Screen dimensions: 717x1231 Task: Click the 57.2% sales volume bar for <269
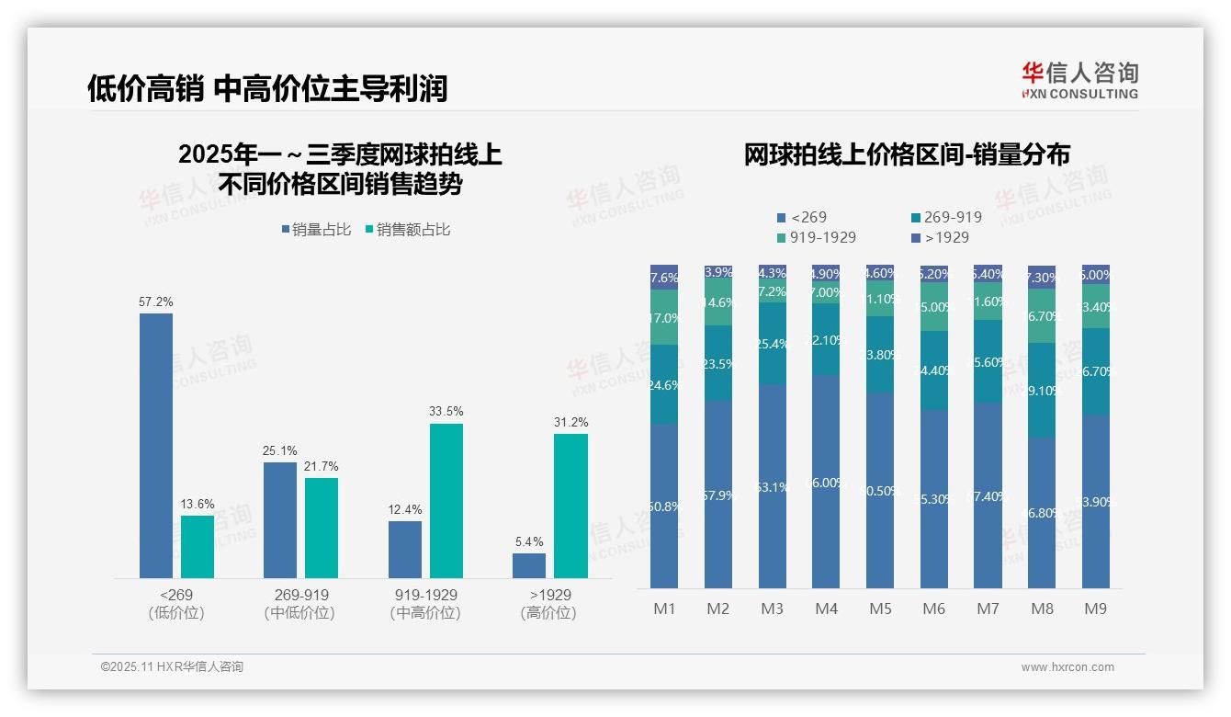(156, 446)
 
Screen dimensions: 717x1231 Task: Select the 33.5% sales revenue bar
(446, 501)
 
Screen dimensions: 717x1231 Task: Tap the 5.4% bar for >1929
(529, 565)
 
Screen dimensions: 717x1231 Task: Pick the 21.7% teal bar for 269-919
(322, 528)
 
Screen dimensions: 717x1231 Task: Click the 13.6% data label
(198, 504)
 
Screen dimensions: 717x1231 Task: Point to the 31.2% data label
(570, 422)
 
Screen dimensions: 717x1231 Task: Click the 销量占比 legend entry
(316, 230)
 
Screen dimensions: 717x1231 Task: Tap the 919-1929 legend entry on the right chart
(817, 237)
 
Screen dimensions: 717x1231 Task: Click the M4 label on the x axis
(826, 609)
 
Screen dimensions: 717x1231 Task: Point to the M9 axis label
(1095, 609)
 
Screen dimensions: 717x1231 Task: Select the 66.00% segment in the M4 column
(826, 482)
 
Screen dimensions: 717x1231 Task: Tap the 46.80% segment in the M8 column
(1042, 512)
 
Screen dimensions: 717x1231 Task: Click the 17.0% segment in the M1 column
(663, 318)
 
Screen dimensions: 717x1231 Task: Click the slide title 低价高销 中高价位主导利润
(267, 88)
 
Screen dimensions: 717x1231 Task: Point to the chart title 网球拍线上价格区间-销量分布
(907, 154)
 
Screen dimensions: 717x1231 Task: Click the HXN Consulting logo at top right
(1079, 80)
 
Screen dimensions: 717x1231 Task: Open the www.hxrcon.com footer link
(1067, 667)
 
